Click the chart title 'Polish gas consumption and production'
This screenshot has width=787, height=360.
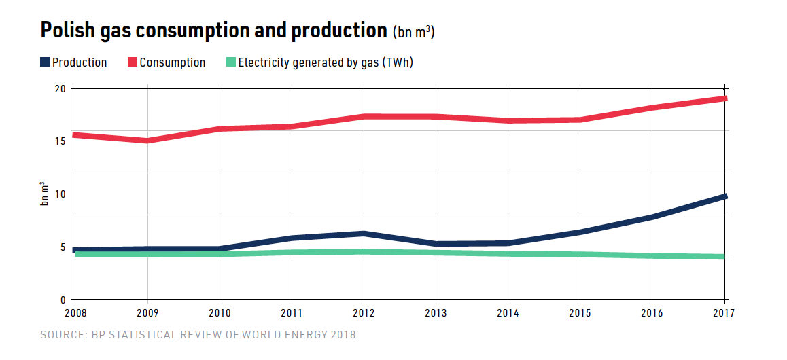(x=213, y=31)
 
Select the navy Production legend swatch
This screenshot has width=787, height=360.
(x=45, y=62)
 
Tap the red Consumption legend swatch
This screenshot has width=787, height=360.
(x=133, y=62)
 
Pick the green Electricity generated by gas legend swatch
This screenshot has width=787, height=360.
(x=231, y=62)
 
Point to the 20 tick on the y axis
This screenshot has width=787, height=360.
(x=60, y=89)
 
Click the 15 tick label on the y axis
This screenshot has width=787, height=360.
(x=60, y=141)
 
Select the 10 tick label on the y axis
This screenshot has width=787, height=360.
(x=60, y=194)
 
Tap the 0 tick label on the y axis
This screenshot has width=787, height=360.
(x=63, y=300)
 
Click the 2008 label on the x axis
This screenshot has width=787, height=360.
(x=75, y=313)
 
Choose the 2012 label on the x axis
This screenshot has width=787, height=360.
(x=364, y=313)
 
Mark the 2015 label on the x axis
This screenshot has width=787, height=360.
(x=580, y=313)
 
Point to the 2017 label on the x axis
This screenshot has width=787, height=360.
(x=724, y=313)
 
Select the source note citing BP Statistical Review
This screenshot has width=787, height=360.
(x=198, y=335)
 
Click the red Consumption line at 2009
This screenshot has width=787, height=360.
(x=147, y=141)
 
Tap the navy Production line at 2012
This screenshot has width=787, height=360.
(x=364, y=234)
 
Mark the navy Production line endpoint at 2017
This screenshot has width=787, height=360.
(x=724, y=196)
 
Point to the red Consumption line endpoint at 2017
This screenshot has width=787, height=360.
(x=724, y=98)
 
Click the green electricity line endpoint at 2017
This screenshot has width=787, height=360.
(x=724, y=257)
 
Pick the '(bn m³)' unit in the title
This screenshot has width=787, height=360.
(x=413, y=33)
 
